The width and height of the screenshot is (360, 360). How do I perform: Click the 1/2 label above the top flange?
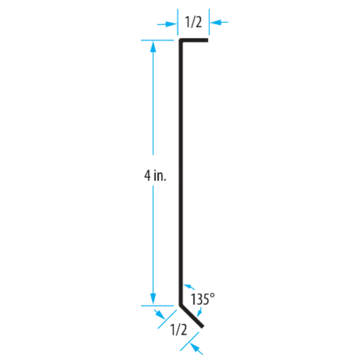pos(193,22)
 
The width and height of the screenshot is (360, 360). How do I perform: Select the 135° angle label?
pos(200,299)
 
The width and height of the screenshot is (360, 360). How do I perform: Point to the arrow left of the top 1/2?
pos(165,22)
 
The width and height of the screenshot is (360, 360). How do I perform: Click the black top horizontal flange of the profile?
pos(194,40)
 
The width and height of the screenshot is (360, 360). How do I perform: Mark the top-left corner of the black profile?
pos(179,40)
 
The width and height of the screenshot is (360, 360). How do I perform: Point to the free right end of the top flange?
pos(209,40)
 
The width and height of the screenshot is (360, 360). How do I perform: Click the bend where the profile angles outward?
pos(180,304)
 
